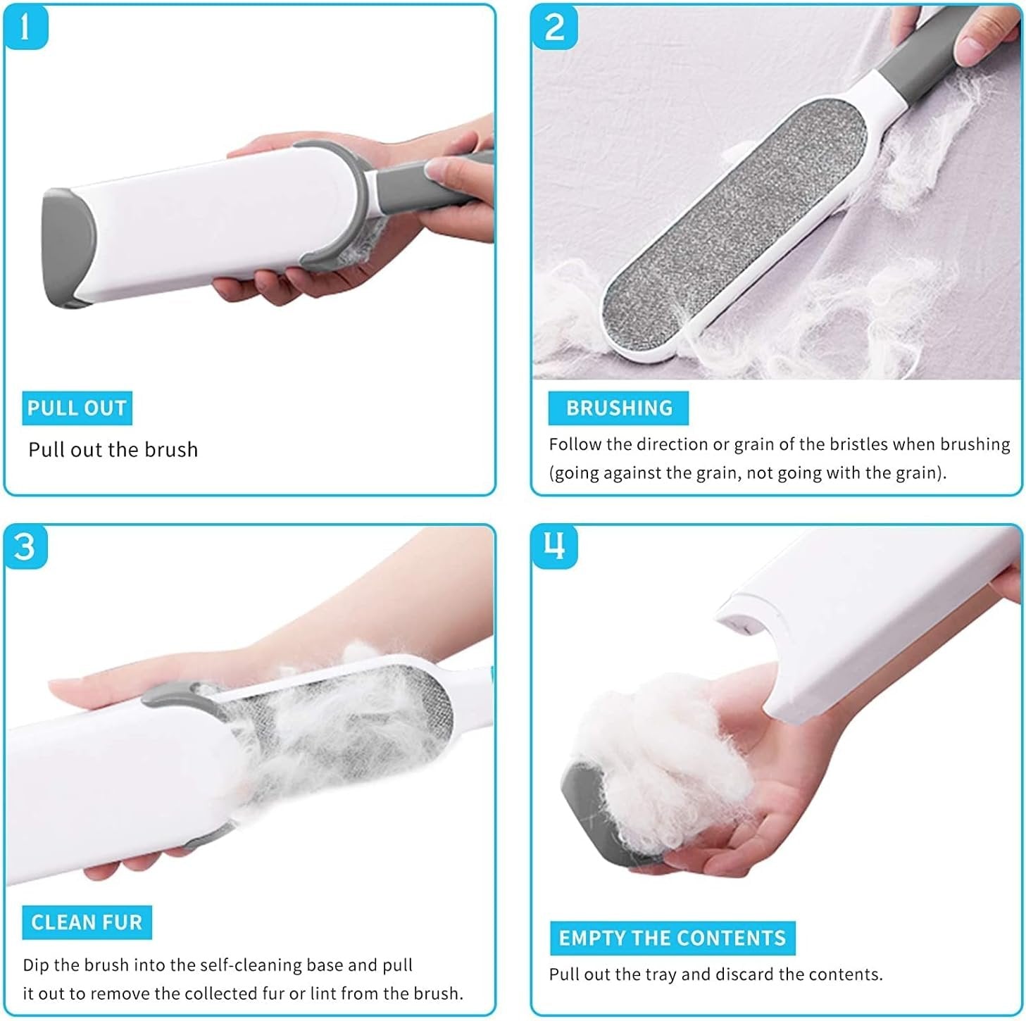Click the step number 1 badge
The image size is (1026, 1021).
pyautogui.click(x=25, y=27)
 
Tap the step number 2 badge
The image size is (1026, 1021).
pyautogui.click(x=554, y=27)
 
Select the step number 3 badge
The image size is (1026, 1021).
pyautogui.click(x=25, y=547)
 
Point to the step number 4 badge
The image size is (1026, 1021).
pyautogui.click(x=554, y=546)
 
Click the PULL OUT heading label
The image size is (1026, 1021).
pyautogui.click(x=77, y=408)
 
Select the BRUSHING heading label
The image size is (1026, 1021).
pyautogui.click(x=618, y=408)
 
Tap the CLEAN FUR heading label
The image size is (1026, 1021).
pyautogui.click(x=87, y=922)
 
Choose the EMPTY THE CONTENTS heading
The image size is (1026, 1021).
pyautogui.click(x=672, y=938)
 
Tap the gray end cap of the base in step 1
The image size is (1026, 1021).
pyautogui.click(x=66, y=246)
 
